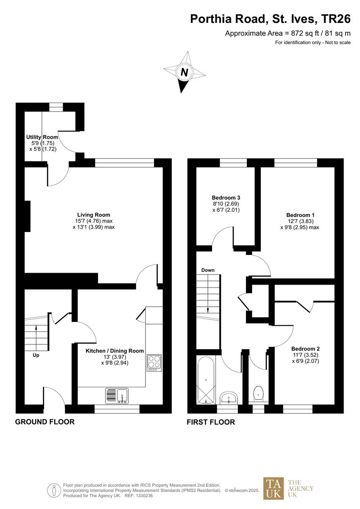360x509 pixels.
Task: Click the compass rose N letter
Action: [x=184, y=73]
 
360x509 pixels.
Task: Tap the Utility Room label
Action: [x=41, y=137]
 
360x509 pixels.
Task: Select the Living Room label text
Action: [x=93, y=215]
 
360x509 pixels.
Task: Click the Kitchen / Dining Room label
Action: [x=114, y=351]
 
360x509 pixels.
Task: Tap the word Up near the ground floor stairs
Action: [x=36, y=355]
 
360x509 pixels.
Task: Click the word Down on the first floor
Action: [x=208, y=270]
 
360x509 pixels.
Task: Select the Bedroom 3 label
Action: [x=226, y=198]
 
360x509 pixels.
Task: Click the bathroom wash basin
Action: [x=229, y=398]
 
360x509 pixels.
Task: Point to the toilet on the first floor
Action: [x=258, y=394]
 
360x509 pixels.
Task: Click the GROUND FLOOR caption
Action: [x=45, y=422]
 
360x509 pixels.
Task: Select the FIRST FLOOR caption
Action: [x=211, y=422]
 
